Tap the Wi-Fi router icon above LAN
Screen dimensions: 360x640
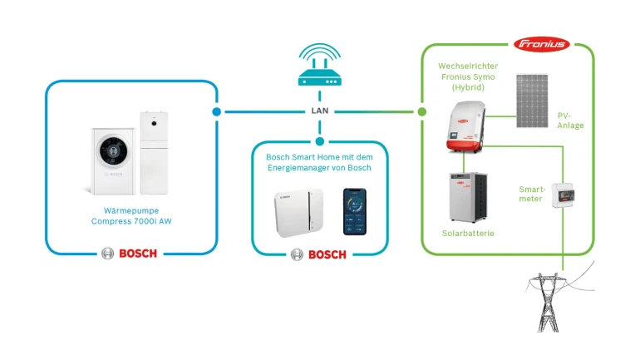pos(319,69)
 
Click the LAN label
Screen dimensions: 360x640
pos(319,111)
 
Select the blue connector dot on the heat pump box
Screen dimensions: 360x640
pos(217,111)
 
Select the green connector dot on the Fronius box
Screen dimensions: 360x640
pos(421,111)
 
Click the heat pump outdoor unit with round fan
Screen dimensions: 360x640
pos(112,155)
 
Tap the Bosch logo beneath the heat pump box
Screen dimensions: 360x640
pos(129,254)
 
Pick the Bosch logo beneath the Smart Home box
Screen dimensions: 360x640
pos(318,254)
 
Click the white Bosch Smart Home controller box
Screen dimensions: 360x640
pos(298,212)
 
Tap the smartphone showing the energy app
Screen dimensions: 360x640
pos(356,210)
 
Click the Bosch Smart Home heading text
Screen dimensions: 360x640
pos(319,162)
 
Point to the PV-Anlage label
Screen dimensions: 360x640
pos(571,121)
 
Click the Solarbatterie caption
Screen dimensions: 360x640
pos(468,234)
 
